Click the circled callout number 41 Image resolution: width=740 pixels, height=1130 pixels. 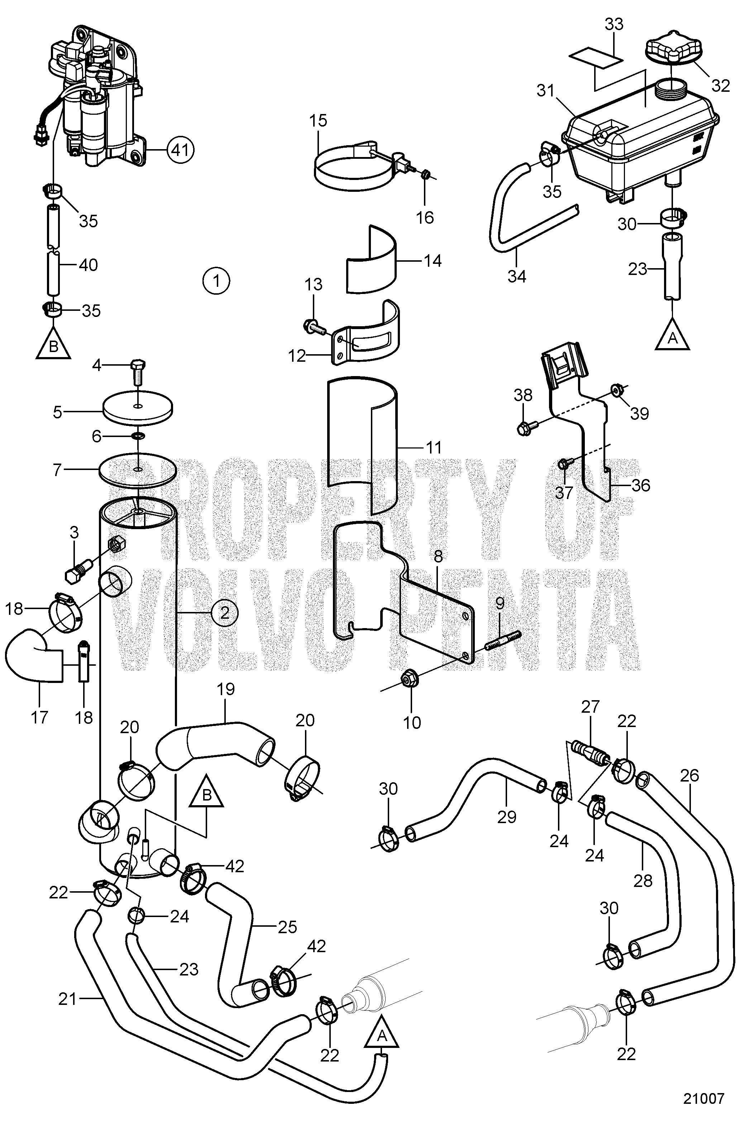point(180,150)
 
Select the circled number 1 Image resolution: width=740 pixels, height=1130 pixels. point(216,281)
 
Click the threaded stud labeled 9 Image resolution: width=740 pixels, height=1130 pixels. point(503,641)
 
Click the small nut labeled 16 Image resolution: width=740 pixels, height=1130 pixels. point(426,176)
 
